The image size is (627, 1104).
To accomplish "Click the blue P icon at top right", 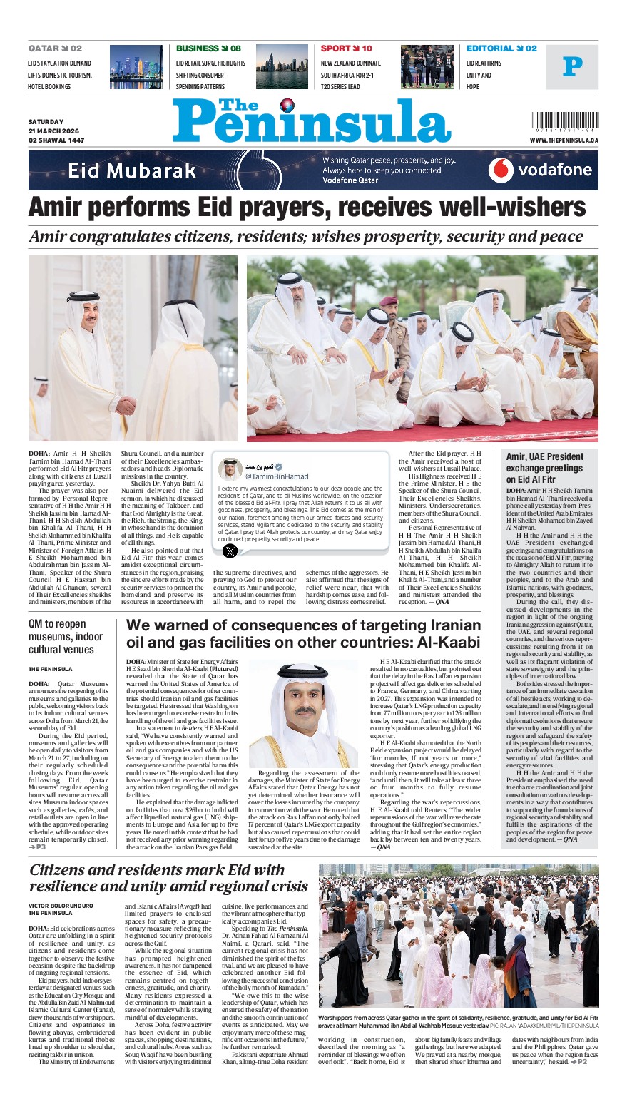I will tap(572, 67).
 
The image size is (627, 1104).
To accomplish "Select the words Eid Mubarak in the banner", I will tap(132, 170).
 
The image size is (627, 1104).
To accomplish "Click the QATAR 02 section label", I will tap(55, 48).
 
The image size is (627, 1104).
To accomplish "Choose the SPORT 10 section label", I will tap(346, 48).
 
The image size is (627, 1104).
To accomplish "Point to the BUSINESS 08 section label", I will tap(208, 48).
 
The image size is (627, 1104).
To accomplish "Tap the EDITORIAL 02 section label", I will tap(501, 48).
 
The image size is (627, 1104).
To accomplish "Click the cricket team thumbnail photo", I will tap(427, 67).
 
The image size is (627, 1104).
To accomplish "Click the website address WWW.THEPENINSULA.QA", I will tap(564, 140).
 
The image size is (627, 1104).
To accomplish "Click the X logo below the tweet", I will tap(230, 551).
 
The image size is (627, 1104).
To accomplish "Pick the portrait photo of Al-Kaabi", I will tap(304, 714).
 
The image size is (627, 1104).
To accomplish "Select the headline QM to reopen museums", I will tap(66, 636).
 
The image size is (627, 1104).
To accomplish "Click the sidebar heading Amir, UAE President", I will tap(544, 456).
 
